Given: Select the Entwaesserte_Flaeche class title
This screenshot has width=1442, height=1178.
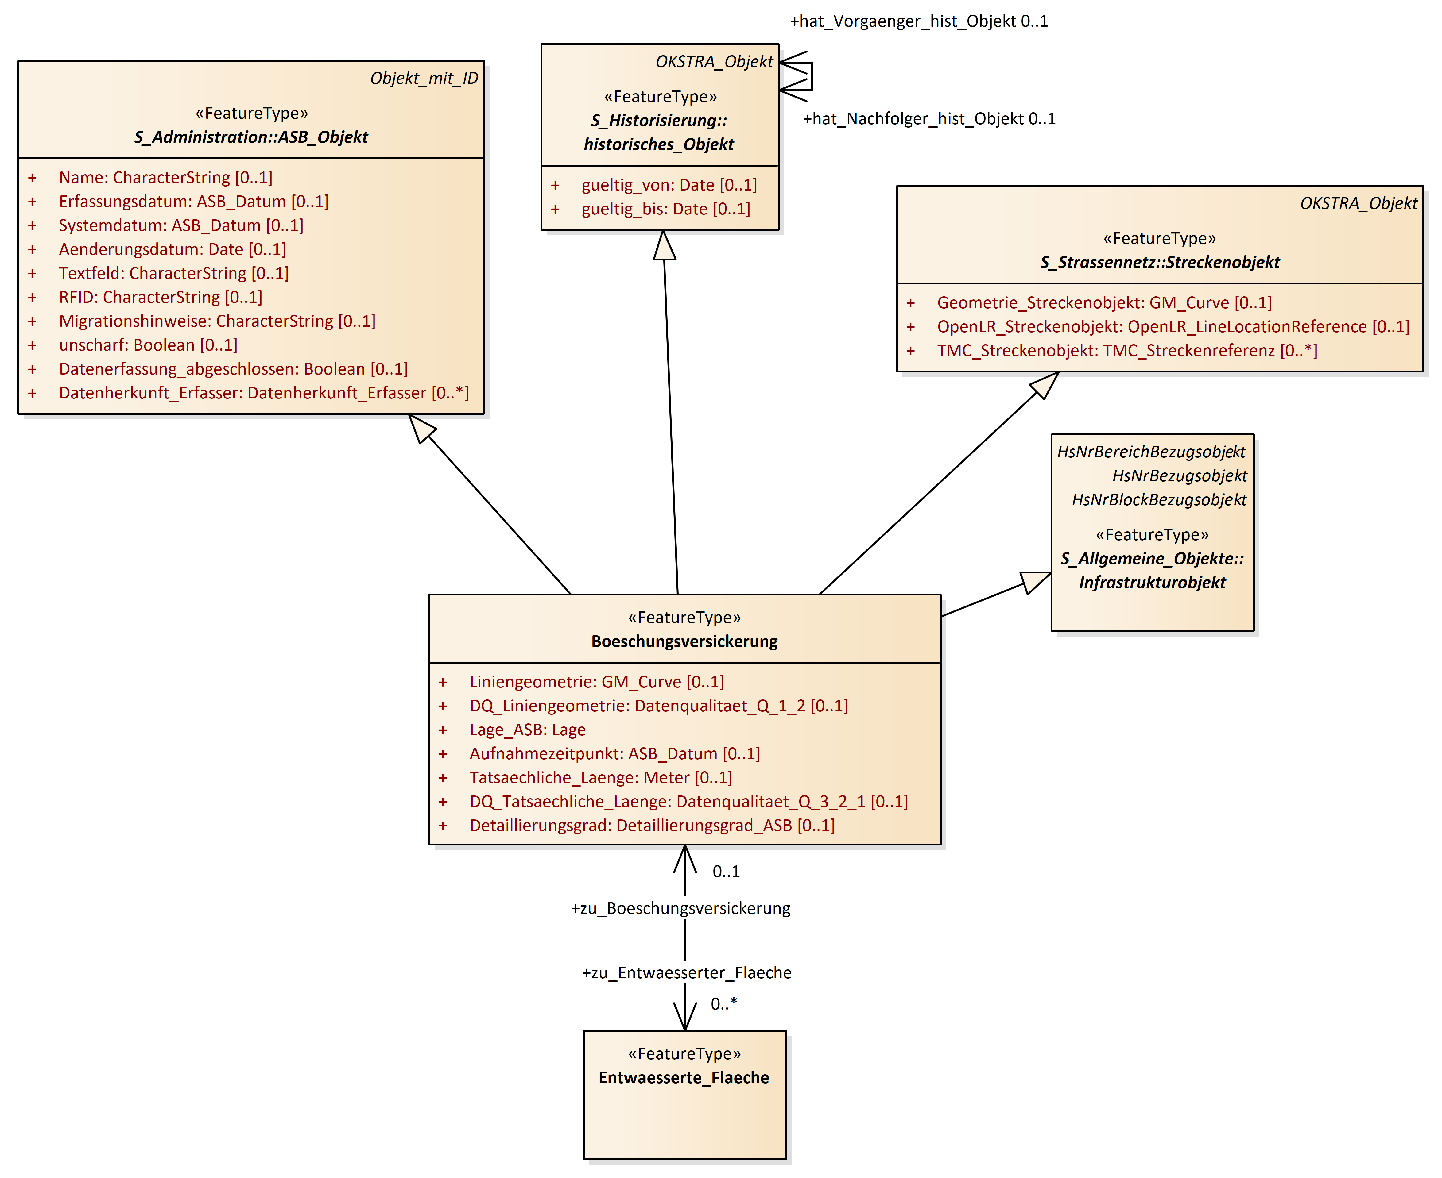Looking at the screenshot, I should pyautogui.click(x=684, y=1078).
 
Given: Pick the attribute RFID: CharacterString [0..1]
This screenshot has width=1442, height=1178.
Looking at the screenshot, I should pyautogui.click(x=160, y=297).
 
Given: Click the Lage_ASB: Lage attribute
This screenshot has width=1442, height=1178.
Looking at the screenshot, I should pyautogui.click(x=527, y=730).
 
